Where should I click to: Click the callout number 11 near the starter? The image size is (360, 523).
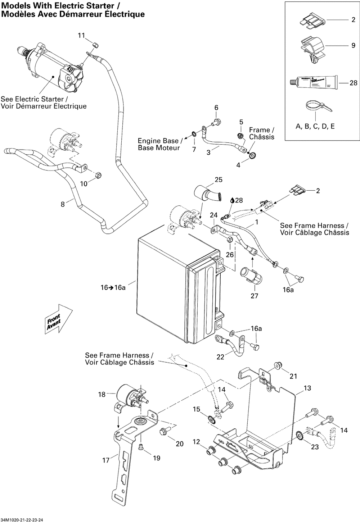[x=81, y=35]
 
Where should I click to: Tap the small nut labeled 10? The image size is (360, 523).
[x=99, y=176]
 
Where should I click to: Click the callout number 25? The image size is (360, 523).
[x=219, y=180]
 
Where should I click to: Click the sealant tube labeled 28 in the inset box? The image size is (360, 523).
[x=313, y=82]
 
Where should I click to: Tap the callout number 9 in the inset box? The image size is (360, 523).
[x=353, y=46]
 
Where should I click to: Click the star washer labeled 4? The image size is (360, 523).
[x=252, y=156]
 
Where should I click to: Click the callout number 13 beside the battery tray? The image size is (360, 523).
[x=307, y=388]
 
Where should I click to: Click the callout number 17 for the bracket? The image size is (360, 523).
[x=106, y=460]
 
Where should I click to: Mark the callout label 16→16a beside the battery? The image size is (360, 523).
[x=113, y=288]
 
